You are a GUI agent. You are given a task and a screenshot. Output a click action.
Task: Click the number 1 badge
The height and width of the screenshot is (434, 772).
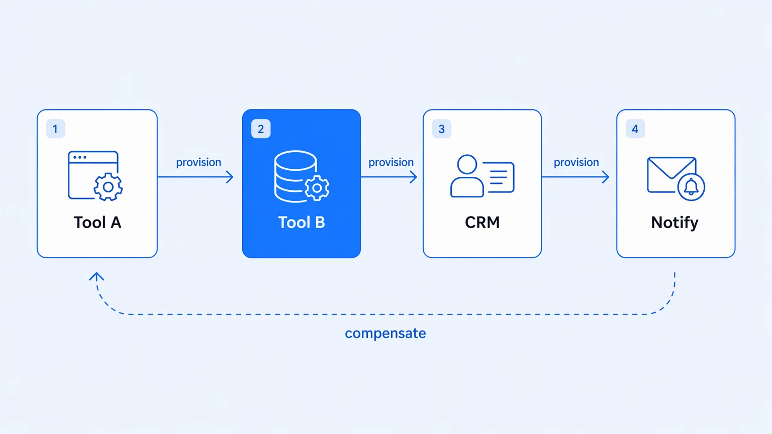(55, 129)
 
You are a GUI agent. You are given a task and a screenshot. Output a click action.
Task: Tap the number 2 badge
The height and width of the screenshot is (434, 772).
(261, 129)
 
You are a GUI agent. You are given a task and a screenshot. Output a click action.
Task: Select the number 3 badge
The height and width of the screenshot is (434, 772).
(441, 129)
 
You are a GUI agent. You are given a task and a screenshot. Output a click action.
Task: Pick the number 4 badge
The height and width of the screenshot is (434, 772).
(635, 129)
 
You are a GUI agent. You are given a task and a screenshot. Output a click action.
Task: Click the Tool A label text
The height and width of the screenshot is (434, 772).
(98, 223)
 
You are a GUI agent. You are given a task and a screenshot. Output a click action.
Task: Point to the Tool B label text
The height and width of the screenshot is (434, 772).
(302, 223)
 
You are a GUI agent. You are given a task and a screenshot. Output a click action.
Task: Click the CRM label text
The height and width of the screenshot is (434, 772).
(482, 223)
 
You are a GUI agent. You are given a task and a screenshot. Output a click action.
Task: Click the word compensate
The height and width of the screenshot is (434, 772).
(385, 334)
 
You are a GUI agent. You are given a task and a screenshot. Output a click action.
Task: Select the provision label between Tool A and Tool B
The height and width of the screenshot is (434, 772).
(199, 163)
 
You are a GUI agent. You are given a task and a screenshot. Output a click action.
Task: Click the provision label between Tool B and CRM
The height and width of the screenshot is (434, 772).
(391, 163)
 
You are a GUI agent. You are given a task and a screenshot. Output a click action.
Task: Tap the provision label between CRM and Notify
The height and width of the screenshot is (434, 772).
(576, 163)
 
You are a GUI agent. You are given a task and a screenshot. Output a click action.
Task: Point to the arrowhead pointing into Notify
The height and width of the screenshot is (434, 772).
(606, 177)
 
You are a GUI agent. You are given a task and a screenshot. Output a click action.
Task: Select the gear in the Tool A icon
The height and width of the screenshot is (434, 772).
(108, 187)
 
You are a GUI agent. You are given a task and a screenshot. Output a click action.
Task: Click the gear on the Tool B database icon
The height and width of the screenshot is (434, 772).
(317, 188)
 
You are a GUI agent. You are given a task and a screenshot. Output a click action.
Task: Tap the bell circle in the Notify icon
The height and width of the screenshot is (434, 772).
(691, 187)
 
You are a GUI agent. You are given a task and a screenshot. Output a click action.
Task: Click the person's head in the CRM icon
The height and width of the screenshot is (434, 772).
(467, 164)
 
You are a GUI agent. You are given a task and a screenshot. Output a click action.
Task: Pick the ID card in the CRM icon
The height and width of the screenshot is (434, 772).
(499, 177)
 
